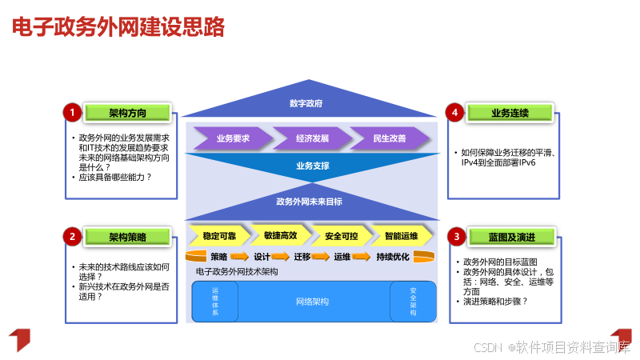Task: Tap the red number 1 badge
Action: point(72,113)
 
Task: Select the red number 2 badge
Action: point(72,236)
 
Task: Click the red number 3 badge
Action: point(457,236)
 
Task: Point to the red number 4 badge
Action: point(455,113)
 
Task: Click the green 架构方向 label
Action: point(128,113)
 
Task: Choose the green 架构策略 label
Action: point(128,236)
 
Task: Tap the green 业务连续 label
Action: point(510,113)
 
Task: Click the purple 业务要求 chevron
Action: point(233,138)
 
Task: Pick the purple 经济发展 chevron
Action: point(312,138)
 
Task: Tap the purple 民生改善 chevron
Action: point(390,138)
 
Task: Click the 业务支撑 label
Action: point(312,166)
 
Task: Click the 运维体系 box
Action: point(214,302)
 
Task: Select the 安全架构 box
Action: point(413,302)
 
